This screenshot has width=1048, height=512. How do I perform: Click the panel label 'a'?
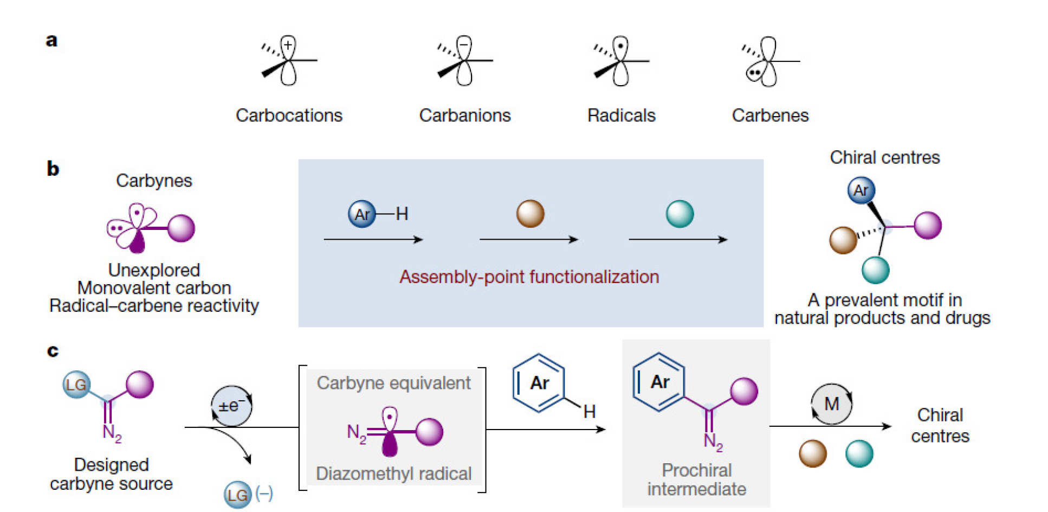click(x=51, y=41)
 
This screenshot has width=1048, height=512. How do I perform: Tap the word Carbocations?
click(x=289, y=116)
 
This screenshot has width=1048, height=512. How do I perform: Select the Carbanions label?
click(x=464, y=116)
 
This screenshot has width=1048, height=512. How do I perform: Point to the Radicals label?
click(x=621, y=116)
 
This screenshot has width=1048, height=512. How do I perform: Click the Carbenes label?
click(x=769, y=116)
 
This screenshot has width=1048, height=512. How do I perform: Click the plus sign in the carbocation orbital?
click(x=288, y=45)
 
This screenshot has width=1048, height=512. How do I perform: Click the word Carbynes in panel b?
click(x=154, y=181)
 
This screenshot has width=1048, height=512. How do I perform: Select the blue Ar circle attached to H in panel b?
click(x=361, y=214)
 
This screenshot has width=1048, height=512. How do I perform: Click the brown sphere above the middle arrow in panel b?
click(x=530, y=214)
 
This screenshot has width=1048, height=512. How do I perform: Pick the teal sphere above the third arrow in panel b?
click(x=680, y=214)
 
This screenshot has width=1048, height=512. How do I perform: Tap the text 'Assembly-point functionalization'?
click(x=529, y=277)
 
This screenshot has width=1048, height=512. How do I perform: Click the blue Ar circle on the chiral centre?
click(x=861, y=190)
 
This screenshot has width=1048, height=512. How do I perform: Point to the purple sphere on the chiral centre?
click(x=928, y=225)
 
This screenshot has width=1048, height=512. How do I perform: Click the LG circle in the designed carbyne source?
click(x=76, y=385)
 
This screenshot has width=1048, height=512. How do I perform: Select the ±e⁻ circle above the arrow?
click(x=231, y=406)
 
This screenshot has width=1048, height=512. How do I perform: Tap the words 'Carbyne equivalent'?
click(x=393, y=383)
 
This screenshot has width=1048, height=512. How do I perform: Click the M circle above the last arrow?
click(x=831, y=404)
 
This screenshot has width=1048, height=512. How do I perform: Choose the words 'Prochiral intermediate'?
click(x=696, y=479)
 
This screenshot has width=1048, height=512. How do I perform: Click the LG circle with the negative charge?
click(x=237, y=495)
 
